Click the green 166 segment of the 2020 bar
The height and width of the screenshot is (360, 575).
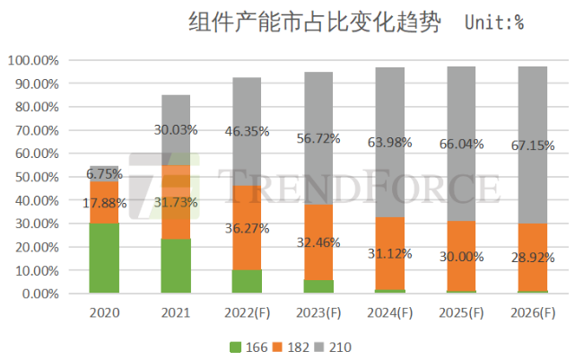click(x=105, y=259)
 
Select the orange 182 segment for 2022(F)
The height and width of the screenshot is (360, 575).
click(x=247, y=228)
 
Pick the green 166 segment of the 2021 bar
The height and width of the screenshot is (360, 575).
click(x=176, y=266)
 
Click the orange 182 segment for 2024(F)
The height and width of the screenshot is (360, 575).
click(x=389, y=253)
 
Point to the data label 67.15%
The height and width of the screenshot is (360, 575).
click(x=532, y=145)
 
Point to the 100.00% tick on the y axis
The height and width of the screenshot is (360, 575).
click(x=33, y=60)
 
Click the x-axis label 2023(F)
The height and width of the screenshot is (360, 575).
click(x=318, y=314)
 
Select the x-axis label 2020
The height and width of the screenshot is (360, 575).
click(x=104, y=314)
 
